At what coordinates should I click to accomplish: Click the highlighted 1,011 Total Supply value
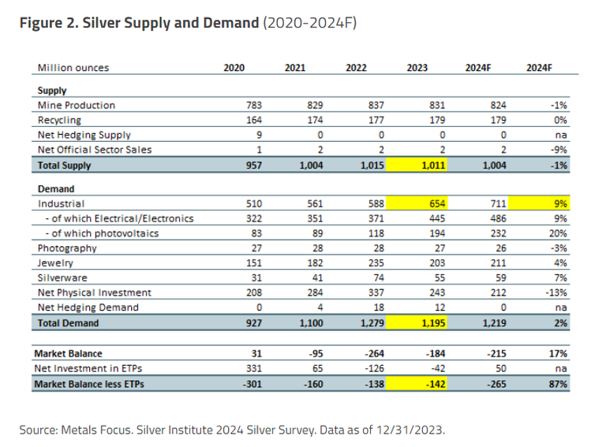[417, 166]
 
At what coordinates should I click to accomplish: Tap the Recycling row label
[60, 121]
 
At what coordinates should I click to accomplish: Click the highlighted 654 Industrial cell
[417, 203]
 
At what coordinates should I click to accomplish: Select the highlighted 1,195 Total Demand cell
[417, 323]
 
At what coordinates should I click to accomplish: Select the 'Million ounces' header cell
[74, 69]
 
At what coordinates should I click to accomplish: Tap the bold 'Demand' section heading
[56, 189]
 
